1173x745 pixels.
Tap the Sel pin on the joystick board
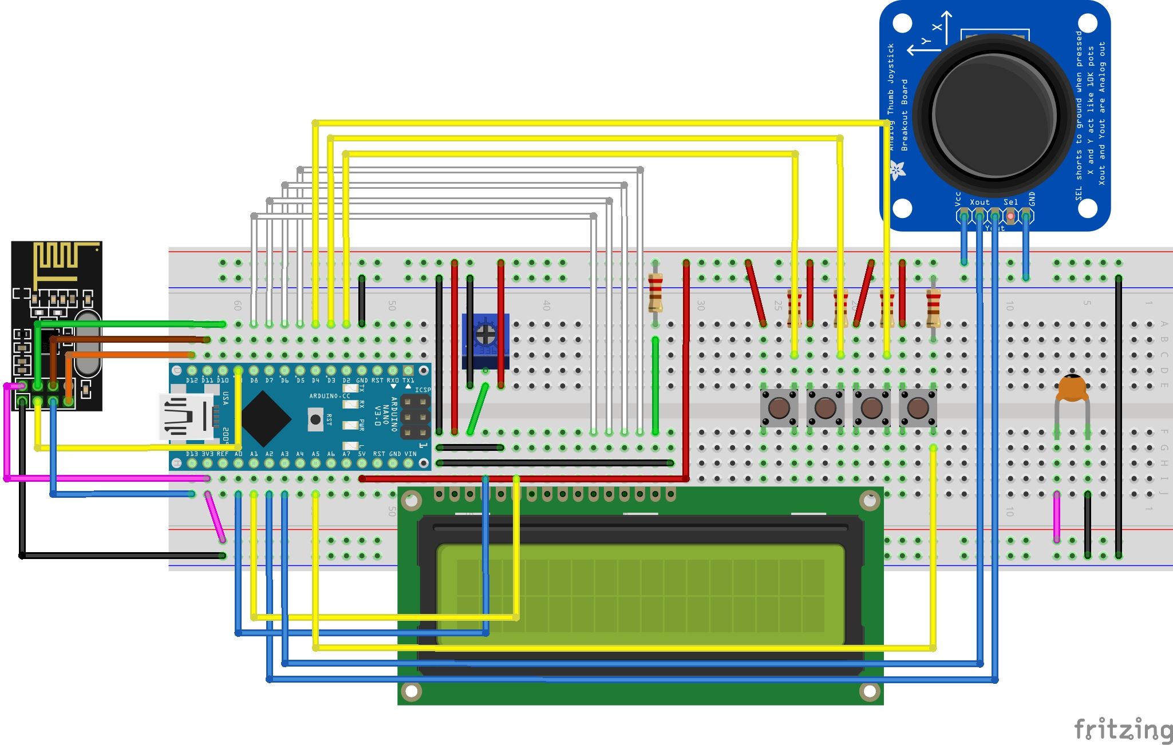tap(1010, 216)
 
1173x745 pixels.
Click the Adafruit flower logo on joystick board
tap(896, 170)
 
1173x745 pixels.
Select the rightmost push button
tap(918, 408)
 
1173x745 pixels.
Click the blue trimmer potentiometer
tap(485, 340)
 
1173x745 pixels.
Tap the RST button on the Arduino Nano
tap(315, 419)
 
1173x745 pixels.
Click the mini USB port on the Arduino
tap(186, 417)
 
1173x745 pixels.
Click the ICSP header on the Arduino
tap(415, 417)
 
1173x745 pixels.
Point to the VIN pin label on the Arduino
tap(410, 454)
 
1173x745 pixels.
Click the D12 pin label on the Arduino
tap(191, 381)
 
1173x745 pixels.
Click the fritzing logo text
tap(1122, 730)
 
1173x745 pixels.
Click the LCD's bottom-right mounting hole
tap(869, 691)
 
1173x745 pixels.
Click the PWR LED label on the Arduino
tap(362, 425)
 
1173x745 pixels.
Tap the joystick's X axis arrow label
tap(937, 27)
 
